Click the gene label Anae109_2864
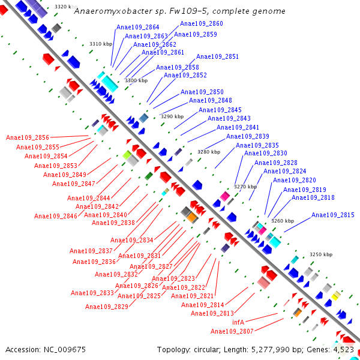click(138, 27)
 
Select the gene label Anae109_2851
click(217, 57)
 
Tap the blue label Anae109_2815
click(332, 215)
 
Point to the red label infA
click(238, 322)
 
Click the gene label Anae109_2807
click(232, 331)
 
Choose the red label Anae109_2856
click(28, 138)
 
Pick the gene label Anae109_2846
click(56, 216)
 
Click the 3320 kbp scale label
click(65, 7)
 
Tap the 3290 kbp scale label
click(172, 116)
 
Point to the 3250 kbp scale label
click(320, 254)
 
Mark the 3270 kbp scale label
click(245, 187)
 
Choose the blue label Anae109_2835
click(257, 146)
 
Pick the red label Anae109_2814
click(203, 305)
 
